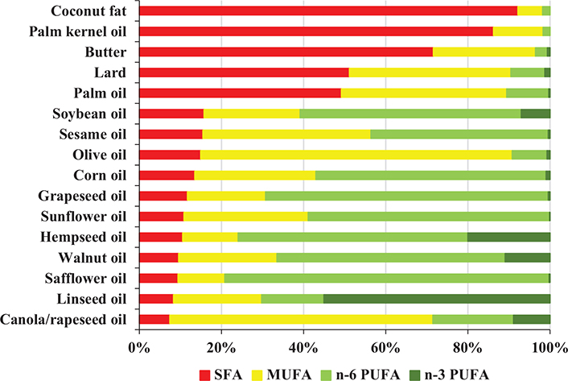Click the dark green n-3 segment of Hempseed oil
pos(508,237)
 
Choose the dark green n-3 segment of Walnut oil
pos(527,257)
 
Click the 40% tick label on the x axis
pos(303,349)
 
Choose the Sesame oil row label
pos(93,134)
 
